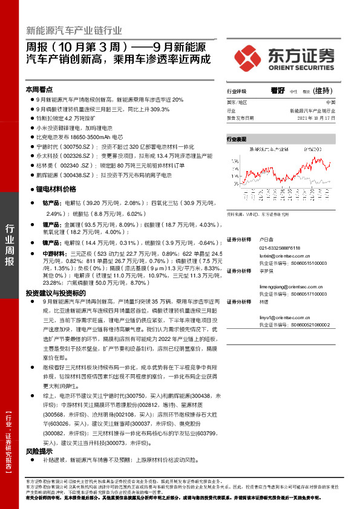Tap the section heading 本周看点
39,88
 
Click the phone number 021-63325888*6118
283,247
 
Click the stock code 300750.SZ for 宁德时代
79,146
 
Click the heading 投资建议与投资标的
56,293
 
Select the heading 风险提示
39,451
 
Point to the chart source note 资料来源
236,213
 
